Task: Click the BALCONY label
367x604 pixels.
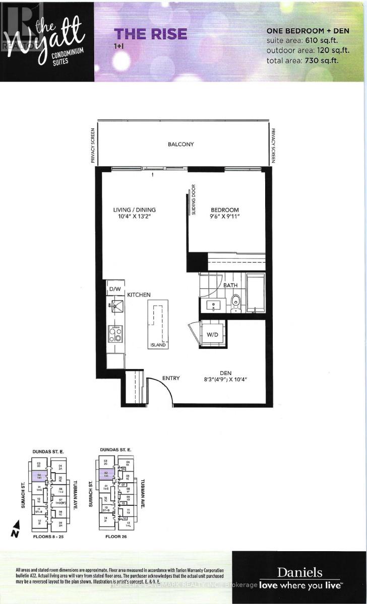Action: point(181,144)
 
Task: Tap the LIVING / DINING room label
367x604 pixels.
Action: point(134,210)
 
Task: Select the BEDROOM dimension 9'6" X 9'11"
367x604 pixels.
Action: point(224,218)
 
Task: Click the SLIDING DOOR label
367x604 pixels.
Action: point(193,200)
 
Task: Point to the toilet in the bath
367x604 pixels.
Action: point(234,304)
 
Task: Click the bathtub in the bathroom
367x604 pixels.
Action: point(255,293)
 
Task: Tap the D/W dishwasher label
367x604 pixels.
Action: point(114,290)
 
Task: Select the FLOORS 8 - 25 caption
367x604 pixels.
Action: point(46,537)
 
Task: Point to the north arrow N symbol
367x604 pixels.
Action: point(16,533)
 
